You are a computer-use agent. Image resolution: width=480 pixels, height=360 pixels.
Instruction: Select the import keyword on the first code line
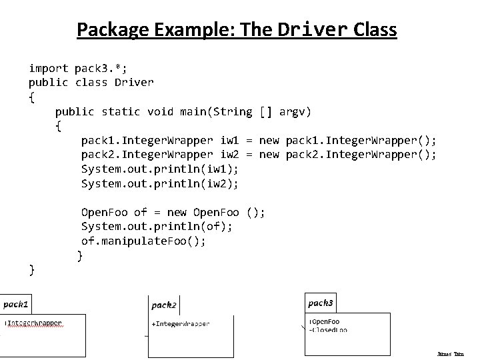[x=48, y=68]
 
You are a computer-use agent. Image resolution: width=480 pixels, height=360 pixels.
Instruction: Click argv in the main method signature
[x=295, y=111]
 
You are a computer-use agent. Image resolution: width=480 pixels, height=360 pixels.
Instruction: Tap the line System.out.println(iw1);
[x=160, y=169]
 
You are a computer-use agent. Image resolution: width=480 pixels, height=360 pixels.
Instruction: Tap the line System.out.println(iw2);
[x=160, y=183]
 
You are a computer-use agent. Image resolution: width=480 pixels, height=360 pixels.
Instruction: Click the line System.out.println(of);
[x=157, y=227]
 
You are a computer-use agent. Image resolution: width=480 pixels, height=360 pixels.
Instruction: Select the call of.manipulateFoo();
[x=143, y=241]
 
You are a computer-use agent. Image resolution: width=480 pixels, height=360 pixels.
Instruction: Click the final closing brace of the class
[x=32, y=269]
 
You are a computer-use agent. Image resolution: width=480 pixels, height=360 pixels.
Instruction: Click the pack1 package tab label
[x=16, y=304]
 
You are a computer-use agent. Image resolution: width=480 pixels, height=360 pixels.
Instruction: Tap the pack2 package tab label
[x=164, y=305]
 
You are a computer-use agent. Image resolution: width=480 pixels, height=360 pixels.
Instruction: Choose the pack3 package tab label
[x=321, y=303]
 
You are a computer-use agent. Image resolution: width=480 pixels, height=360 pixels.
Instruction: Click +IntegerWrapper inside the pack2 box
[x=181, y=324]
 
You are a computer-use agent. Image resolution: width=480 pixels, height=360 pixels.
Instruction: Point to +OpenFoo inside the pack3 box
[x=325, y=322]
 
